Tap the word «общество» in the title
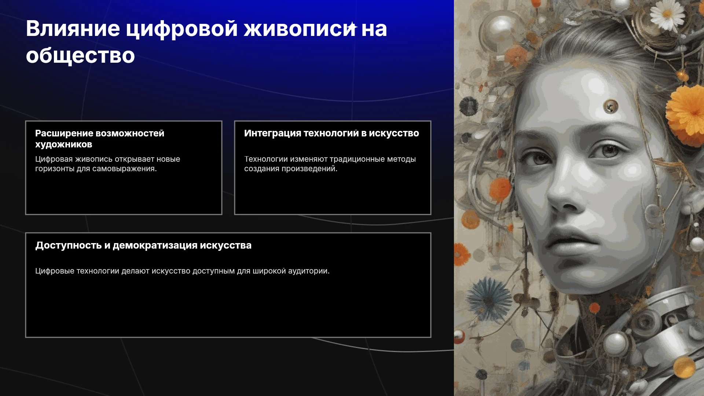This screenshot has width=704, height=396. pyautogui.click(x=80, y=56)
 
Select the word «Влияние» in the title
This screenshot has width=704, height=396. pyautogui.click(x=73, y=29)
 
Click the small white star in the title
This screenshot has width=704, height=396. pyautogui.click(x=352, y=26)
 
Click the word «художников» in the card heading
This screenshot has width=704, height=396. pyautogui.click(x=64, y=144)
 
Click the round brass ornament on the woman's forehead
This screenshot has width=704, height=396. pyautogui.click(x=610, y=107)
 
